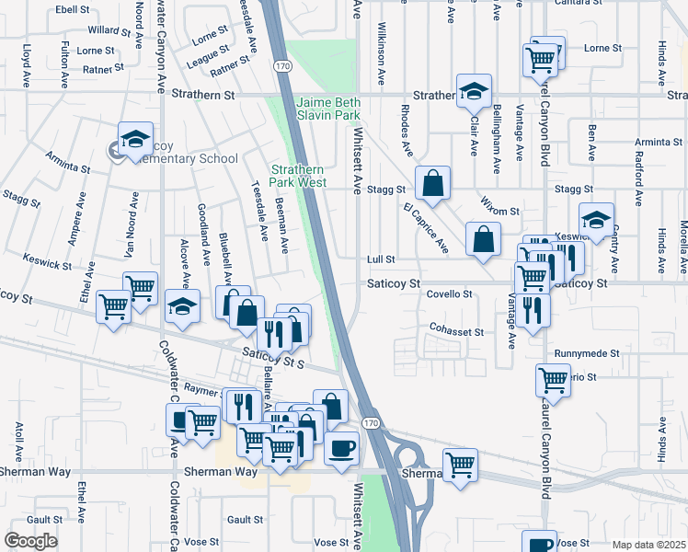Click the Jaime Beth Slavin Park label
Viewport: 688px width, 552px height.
tap(328, 109)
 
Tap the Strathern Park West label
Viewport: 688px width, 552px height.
tap(299, 176)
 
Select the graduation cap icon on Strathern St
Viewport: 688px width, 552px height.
tap(474, 91)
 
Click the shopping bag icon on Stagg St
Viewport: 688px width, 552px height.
tap(431, 184)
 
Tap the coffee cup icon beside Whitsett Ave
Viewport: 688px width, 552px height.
tap(341, 448)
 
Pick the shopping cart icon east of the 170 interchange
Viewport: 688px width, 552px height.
tap(460, 465)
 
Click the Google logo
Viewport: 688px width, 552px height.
tap(30, 540)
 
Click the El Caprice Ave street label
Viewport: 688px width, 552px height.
tap(425, 228)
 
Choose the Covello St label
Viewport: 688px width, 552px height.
tap(450, 294)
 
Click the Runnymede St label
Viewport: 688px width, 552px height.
tap(587, 353)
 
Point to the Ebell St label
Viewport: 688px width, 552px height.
tap(71, 8)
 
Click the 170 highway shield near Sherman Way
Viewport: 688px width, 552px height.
tap(370, 422)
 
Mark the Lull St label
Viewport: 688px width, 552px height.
tap(381, 260)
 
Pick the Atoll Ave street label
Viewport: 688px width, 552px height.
tap(19, 433)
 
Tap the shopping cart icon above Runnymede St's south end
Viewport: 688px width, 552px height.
tap(554, 379)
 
